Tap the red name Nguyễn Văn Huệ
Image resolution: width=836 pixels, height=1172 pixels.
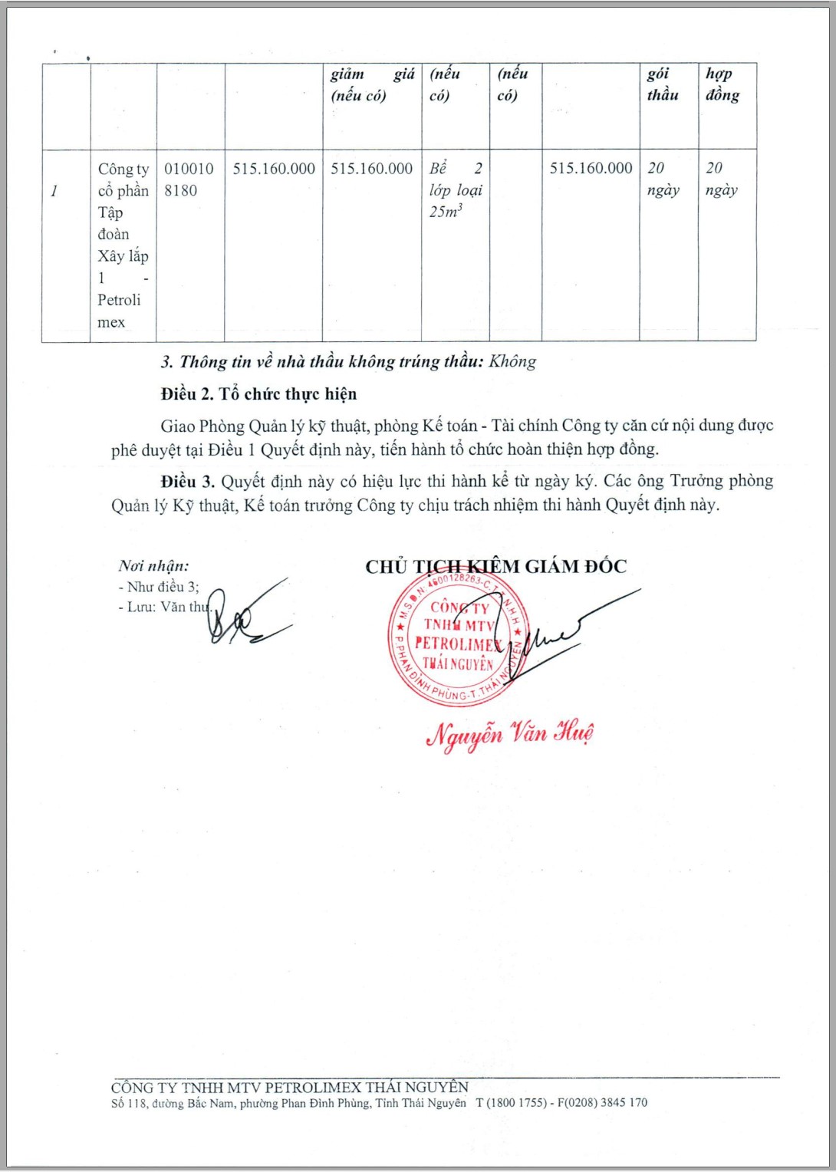509,734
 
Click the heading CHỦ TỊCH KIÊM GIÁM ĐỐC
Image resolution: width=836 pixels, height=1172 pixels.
495,567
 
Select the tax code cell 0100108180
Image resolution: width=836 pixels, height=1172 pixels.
189,179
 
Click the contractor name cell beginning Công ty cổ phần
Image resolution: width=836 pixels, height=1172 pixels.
123,245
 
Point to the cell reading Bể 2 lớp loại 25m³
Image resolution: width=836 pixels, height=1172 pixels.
456,189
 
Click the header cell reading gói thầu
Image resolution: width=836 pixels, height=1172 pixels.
663,84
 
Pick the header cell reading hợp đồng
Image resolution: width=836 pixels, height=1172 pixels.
722,84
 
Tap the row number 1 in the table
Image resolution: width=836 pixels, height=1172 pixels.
54,191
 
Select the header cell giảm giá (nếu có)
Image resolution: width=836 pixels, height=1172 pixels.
372,84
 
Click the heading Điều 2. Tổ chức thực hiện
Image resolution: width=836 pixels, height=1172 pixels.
258,394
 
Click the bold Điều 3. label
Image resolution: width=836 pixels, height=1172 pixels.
187,482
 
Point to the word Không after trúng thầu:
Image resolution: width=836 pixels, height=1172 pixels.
512,361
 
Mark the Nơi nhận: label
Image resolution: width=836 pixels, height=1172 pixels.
153,566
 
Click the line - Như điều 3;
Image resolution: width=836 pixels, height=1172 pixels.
159,587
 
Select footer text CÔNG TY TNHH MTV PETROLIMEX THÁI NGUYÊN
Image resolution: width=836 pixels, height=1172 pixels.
289,1087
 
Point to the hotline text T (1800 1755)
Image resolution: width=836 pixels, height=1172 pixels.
512,1103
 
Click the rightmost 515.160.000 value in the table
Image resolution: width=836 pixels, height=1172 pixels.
591,169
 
